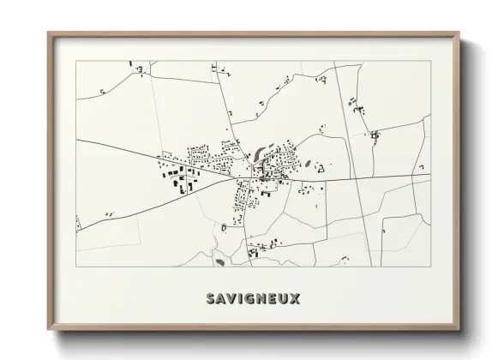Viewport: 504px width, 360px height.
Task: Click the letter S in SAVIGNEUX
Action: tap(210, 299)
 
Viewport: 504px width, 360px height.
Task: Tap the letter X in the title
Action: tap(296, 299)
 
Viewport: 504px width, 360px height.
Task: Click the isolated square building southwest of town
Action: tap(225, 227)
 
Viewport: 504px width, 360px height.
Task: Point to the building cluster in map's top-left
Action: tap(137, 65)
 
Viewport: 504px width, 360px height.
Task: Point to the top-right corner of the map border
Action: tap(430, 61)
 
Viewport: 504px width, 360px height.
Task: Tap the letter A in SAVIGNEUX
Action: tap(221, 299)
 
